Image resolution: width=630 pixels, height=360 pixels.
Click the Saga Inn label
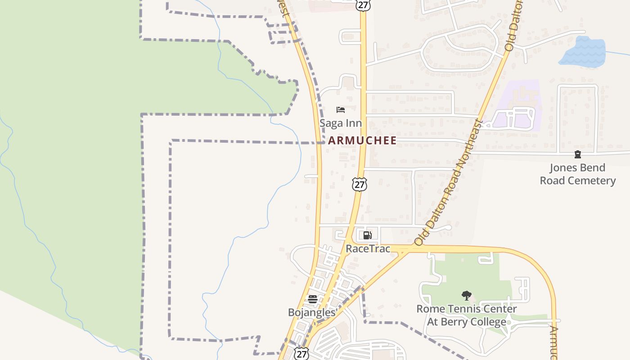(340, 123)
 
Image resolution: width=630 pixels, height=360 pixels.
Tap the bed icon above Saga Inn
(341, 110)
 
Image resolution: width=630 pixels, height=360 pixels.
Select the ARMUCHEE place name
(362, 140)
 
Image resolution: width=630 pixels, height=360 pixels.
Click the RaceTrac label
(368, 248)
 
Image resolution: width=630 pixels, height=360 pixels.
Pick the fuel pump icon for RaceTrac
(367, 235)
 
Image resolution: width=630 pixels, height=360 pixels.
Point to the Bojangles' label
(313, 312)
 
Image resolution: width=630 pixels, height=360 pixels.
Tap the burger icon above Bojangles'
(312, 299)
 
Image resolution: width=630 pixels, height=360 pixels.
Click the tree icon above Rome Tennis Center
(466, 296)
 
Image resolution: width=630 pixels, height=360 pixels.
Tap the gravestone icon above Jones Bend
(578, 155)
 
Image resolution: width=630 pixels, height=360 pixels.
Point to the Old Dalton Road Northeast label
(448, 183)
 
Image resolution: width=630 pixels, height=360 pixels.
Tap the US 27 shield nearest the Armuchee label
(359, 184)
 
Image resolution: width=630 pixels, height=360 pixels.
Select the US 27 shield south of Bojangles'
(301, 354)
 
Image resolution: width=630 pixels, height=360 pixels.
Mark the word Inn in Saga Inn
(353, 123)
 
